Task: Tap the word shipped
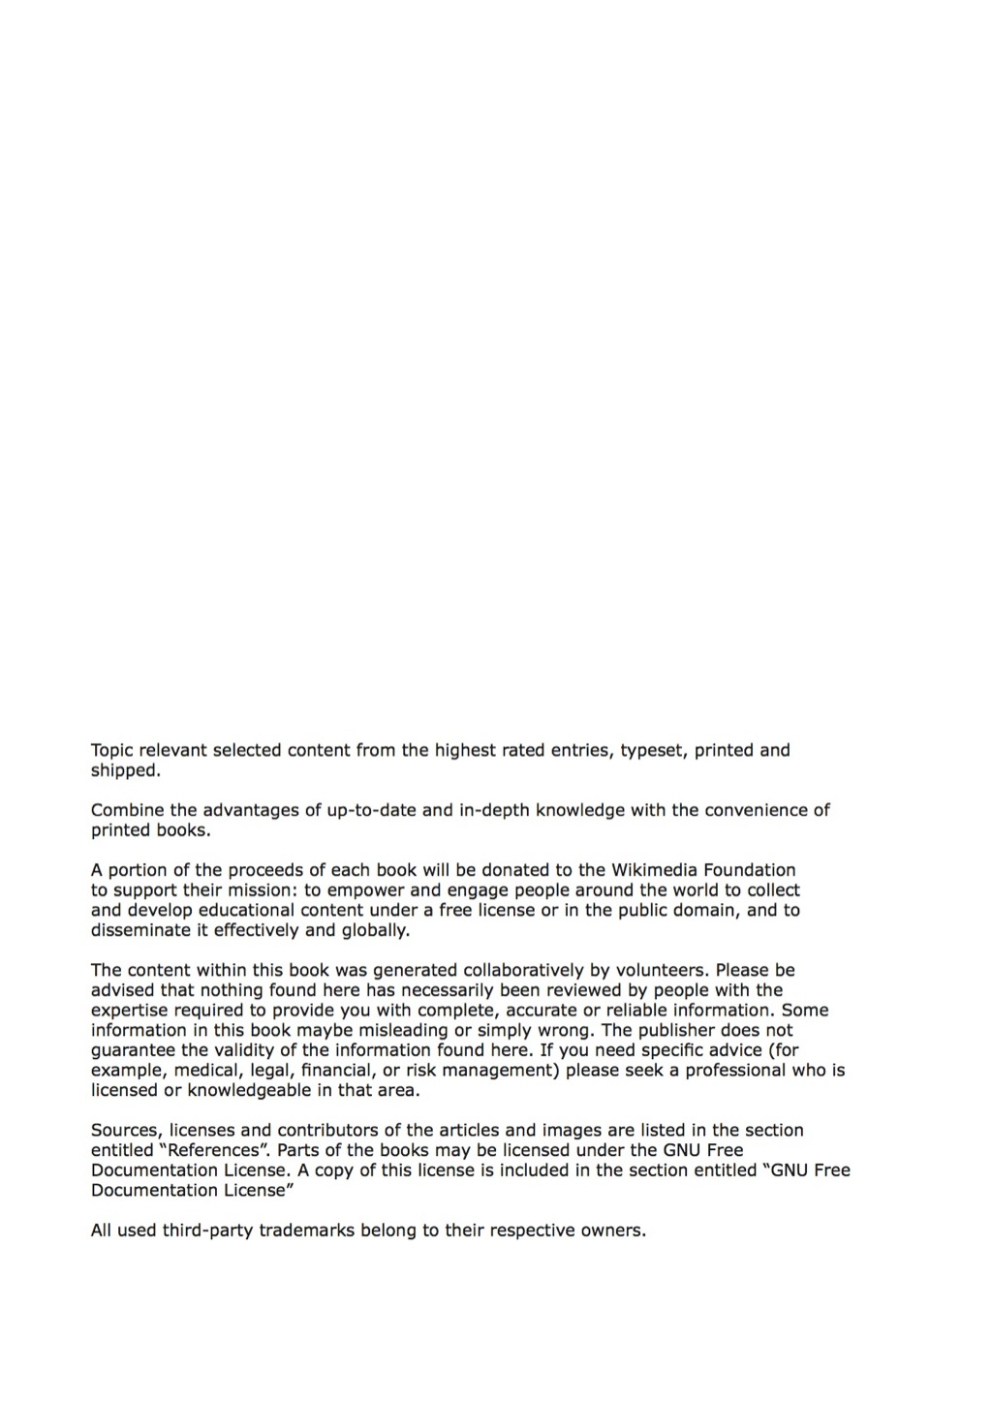click(x=124, y=771)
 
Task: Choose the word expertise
click(x=129, y=1011)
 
